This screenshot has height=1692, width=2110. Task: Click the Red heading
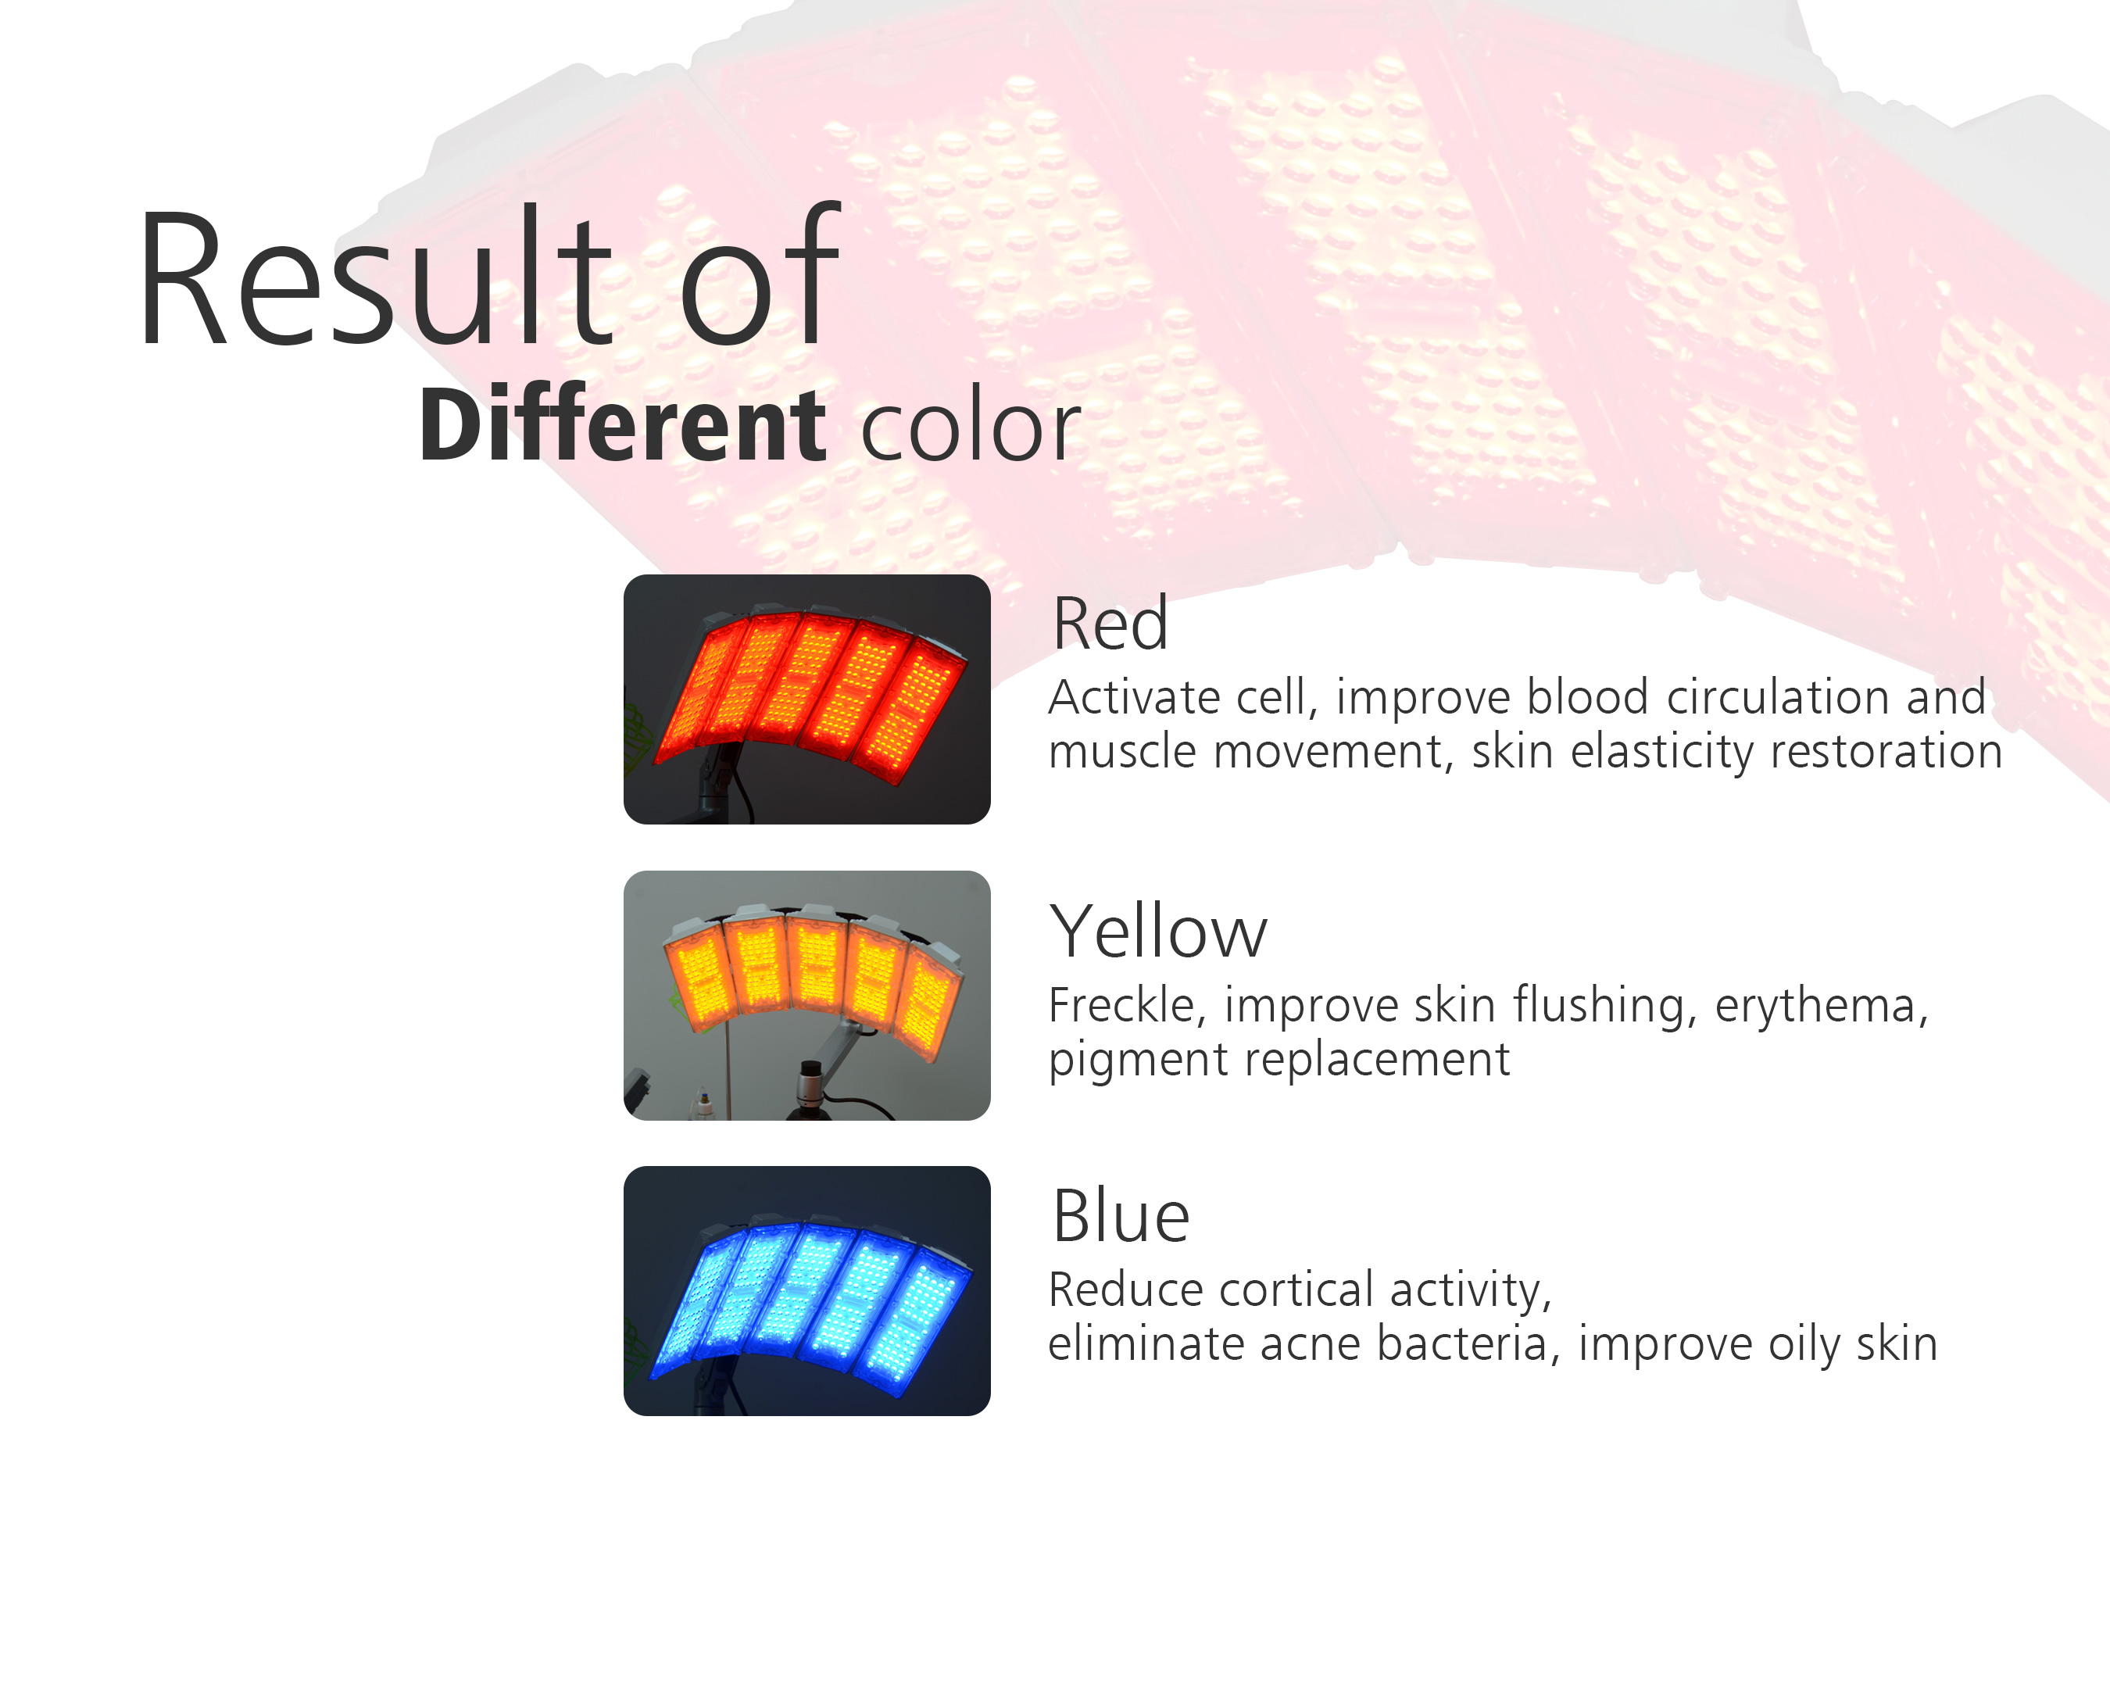[1110, 624]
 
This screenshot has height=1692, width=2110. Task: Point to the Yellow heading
[1157, 931]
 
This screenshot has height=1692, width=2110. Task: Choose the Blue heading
[1121, 1216]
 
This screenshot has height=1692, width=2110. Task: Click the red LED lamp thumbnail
[807, 699]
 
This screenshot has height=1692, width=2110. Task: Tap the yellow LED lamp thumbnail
[807, 995]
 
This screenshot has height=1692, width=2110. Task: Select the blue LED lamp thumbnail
[807, 1291]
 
